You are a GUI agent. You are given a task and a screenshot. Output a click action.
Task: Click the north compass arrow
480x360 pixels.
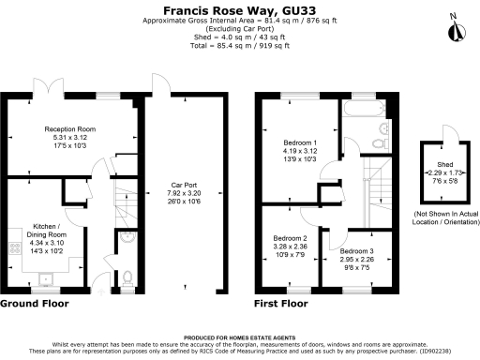(456, 30)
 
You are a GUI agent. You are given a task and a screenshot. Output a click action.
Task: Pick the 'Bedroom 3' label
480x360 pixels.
(355, 250)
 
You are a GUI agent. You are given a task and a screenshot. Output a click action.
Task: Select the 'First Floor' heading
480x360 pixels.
(281, 305)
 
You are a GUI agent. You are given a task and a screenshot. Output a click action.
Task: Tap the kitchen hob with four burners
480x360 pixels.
(16, 250)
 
